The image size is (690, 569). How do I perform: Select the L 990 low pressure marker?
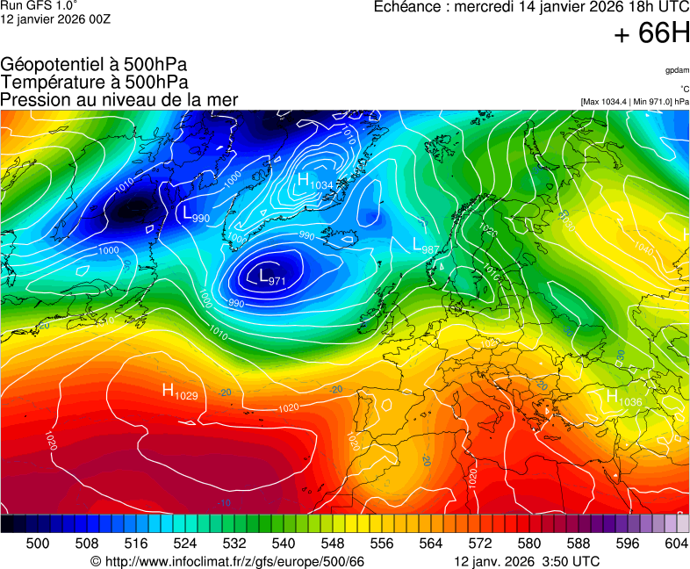196,214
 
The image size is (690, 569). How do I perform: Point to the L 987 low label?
426,247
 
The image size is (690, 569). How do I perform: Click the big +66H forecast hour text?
651,33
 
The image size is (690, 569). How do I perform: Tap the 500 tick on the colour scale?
38,544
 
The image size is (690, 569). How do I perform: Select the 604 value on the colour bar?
676,544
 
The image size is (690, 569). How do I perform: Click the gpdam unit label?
677,69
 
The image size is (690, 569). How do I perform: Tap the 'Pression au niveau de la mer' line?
119,99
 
